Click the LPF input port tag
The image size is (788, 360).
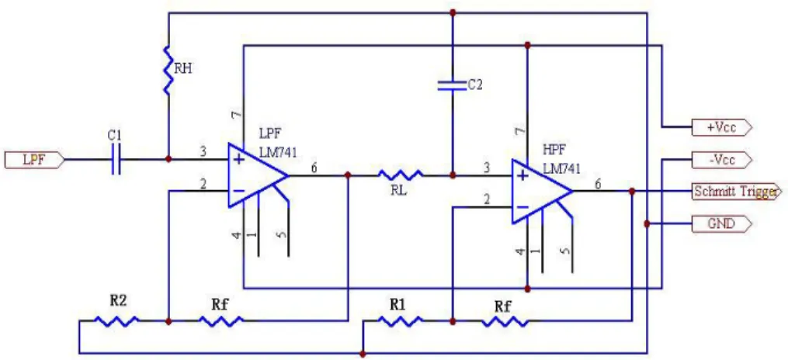coord(34,160)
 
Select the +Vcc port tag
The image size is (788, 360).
coord(722,127)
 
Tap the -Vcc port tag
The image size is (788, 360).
coord(722,160)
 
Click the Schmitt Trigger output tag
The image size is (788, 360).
coord(737,192)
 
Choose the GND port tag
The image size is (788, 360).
coord(722,223)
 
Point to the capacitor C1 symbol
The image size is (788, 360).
coord(116,160)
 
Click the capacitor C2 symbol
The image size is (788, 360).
coord(453,86)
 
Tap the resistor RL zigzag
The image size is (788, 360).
coord(401,175)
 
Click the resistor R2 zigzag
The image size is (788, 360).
coord(116,321)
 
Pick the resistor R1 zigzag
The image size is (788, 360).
coord(401,321)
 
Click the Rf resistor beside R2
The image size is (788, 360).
coord(221,321)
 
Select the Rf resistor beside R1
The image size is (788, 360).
coord(505,321)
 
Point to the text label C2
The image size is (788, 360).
coord(475,85)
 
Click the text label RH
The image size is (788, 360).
coord(183,69)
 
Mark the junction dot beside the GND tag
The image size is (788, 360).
coord(647,223)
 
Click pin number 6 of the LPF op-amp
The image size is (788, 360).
coord(314,168)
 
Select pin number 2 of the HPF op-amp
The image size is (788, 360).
coord(487,200)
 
